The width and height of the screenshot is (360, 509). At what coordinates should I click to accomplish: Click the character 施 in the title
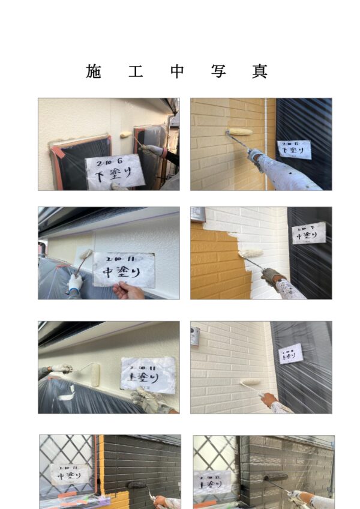click(94, 71)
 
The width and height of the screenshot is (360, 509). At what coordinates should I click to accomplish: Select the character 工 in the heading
click(135, 71)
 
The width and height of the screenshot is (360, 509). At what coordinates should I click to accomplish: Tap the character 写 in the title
click(218, 71)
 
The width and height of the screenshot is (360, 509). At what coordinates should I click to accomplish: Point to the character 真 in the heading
click(259, 71)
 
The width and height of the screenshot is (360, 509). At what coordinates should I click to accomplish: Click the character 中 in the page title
click(177, 71)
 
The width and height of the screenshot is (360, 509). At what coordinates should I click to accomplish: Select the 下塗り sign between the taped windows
click(114, 171)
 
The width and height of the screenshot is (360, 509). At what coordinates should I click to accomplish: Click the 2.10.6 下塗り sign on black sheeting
click(293, 149)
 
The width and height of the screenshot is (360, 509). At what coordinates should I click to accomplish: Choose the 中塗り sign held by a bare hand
click(124, 270)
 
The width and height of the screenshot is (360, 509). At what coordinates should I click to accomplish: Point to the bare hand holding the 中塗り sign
click(128, 292)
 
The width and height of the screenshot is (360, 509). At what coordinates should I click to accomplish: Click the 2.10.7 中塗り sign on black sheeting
click(308, 233)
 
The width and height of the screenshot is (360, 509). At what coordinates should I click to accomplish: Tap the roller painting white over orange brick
click(251, 254)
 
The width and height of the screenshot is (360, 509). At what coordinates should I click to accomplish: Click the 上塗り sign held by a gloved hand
click(148, 373)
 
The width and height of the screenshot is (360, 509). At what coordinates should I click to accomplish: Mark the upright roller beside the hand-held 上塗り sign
click(95, 376)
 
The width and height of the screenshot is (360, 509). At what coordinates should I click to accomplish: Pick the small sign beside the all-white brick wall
click(290, 354)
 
